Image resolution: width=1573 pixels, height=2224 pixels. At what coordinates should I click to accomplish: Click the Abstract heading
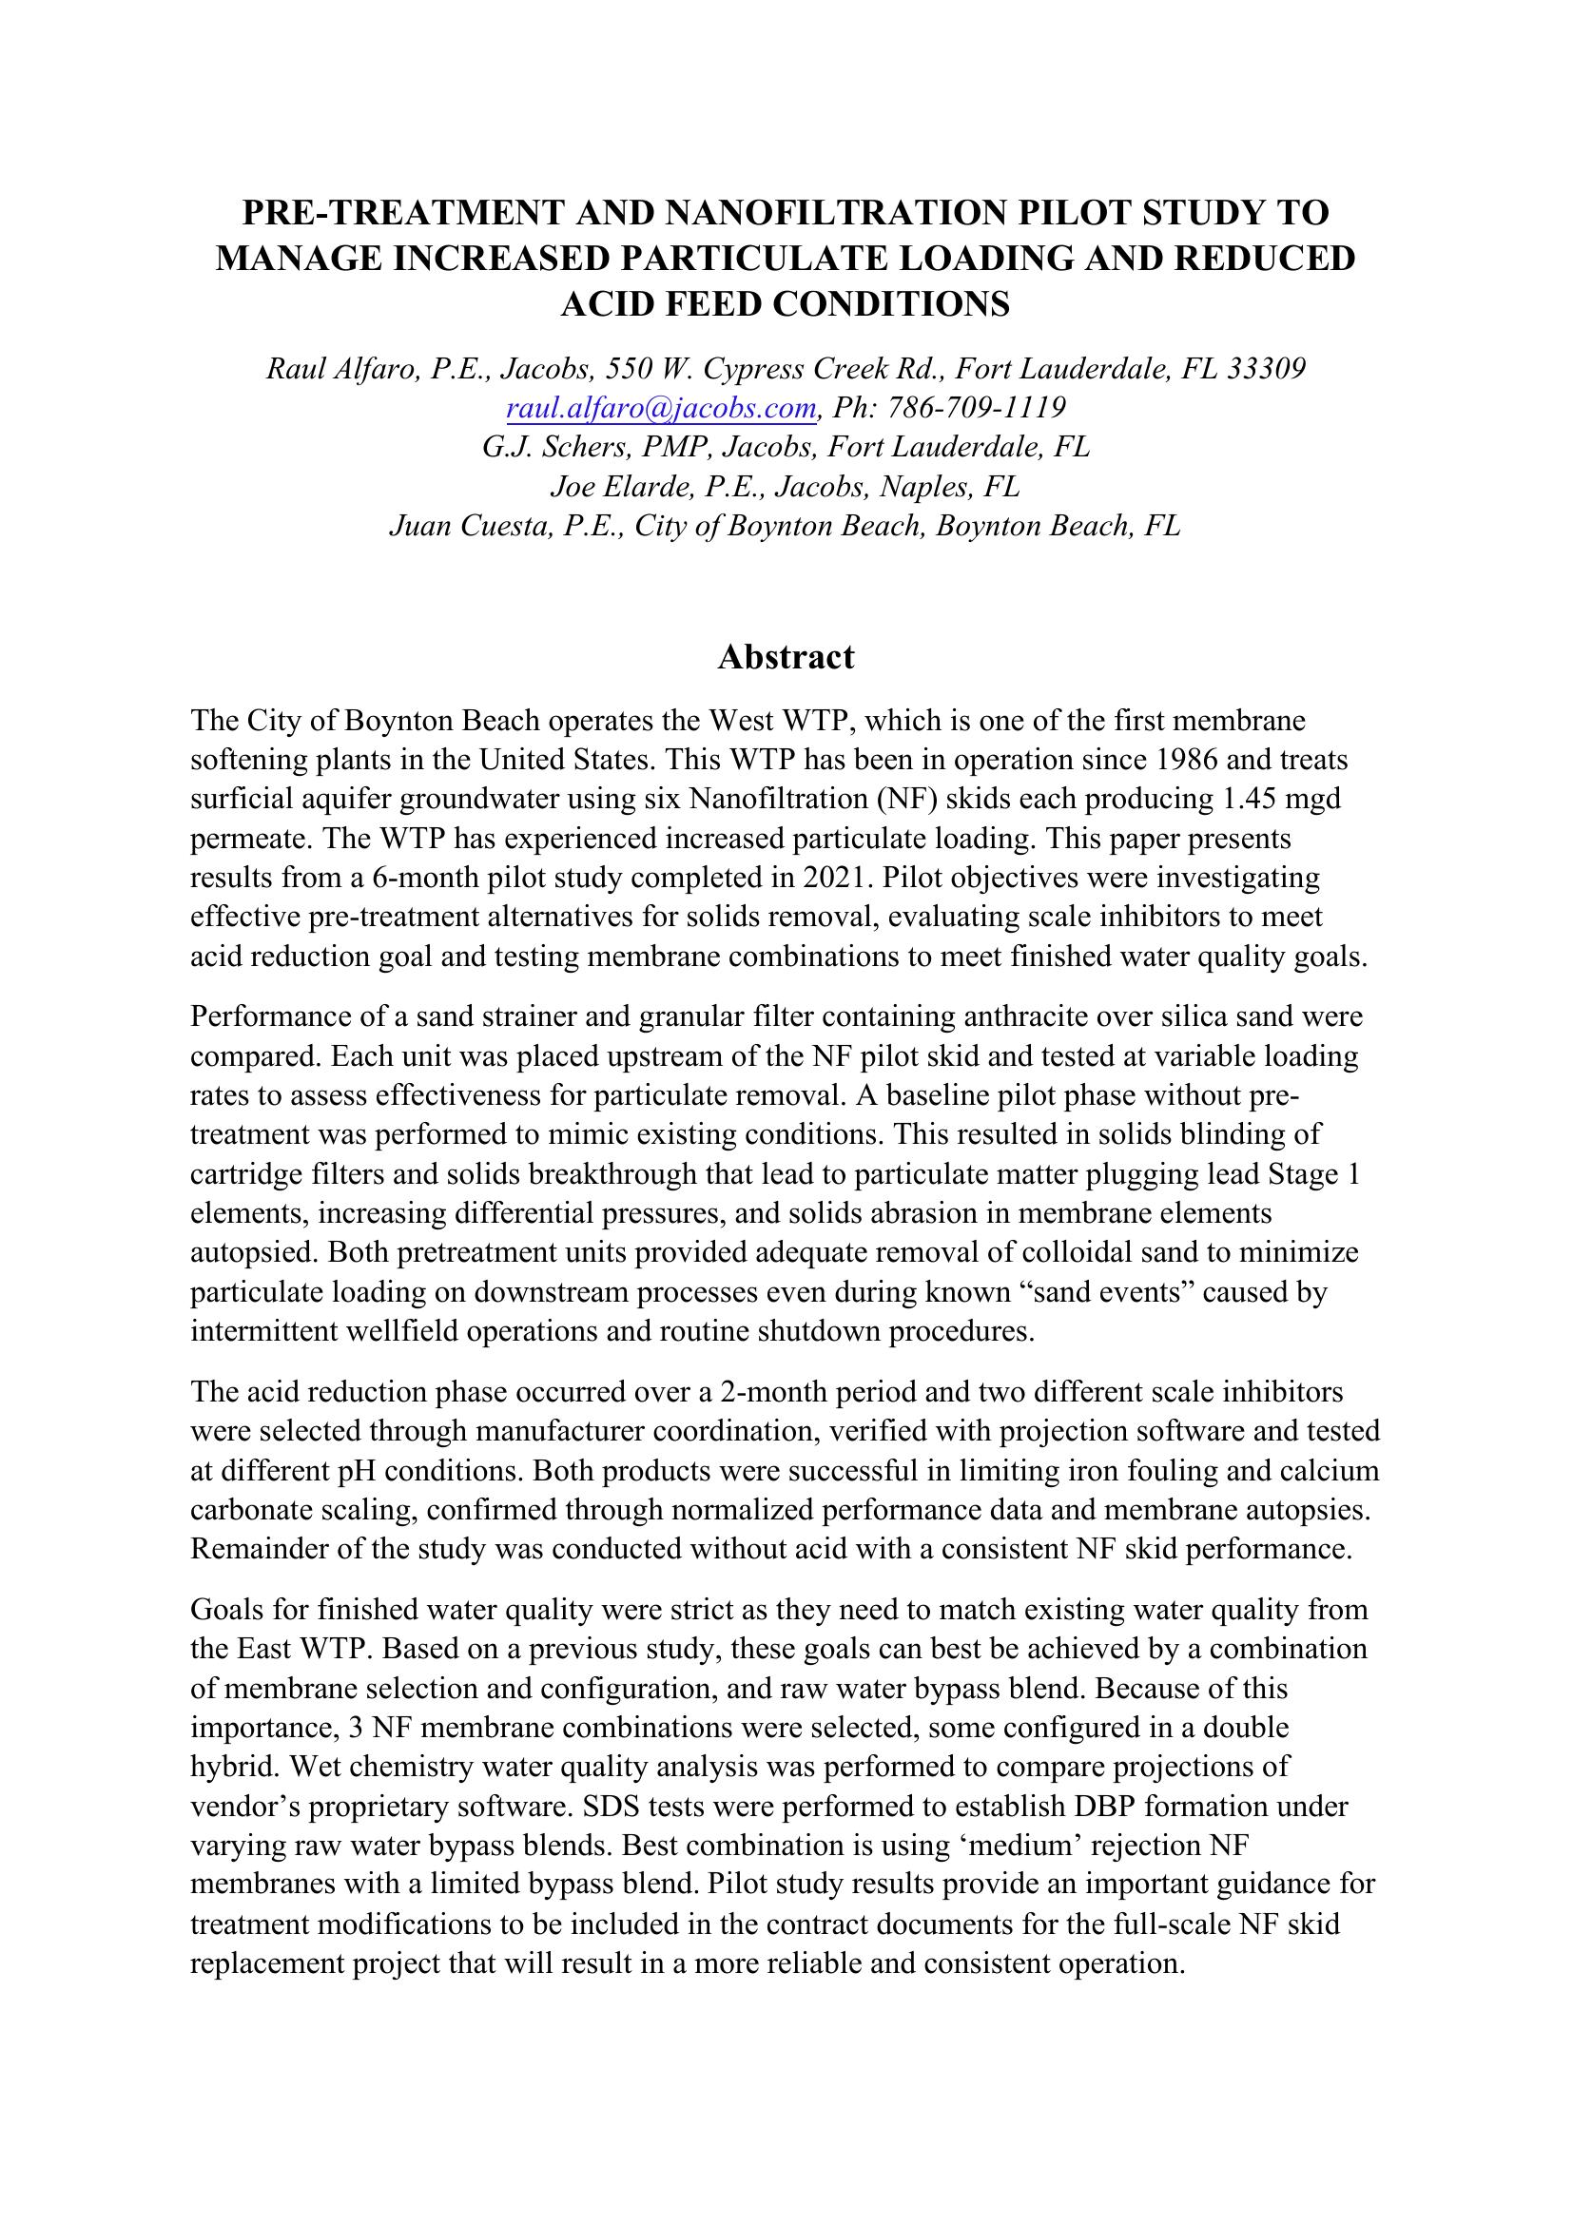[786, 658]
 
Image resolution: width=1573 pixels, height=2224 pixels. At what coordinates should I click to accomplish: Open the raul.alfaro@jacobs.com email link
[663, 408]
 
